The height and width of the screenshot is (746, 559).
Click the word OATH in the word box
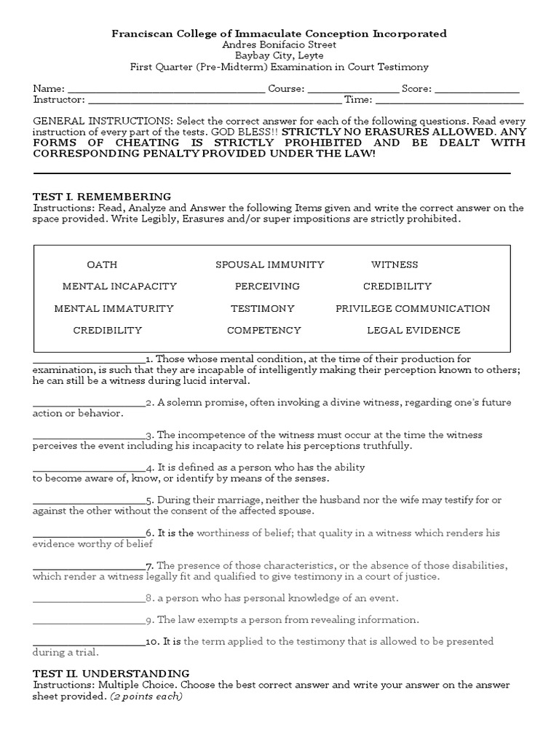pos(102,264)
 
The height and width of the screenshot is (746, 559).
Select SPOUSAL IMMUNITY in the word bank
pos(270,264)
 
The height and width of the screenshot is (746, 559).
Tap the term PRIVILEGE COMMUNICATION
pos(413,308)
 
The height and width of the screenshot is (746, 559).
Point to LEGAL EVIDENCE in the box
pos(413,330)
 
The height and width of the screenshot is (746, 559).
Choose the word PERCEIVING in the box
pos(267,286)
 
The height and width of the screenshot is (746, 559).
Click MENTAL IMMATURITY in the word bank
pos(114,308)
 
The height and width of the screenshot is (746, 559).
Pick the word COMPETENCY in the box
pos(263,330)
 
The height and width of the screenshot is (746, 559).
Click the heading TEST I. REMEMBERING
pos(102,197)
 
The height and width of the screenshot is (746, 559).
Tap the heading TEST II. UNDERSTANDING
pos(111,674)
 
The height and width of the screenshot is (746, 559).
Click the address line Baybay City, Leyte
pos(279,55)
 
